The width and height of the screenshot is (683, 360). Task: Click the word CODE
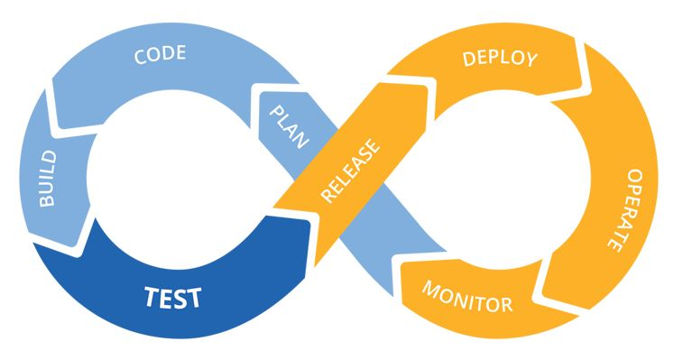(x=161, y=54)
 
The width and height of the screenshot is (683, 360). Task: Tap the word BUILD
(x=48, y=179)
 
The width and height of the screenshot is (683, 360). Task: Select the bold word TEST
(x=173, y=297)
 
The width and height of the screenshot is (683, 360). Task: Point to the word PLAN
(x=290, y=127)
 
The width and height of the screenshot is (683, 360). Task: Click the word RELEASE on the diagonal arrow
(x=350, y=171)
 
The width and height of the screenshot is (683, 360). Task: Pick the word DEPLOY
(x=500, y=59)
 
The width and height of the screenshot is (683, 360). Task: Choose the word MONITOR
(x=467, y=297)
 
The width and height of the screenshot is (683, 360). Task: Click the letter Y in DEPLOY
(x=531, y=60)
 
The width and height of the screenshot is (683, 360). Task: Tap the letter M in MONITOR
(x=429, y=289)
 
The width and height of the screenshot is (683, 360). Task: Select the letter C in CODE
(x=140, y=57)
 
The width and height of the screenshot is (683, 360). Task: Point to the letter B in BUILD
(x=48, y=199)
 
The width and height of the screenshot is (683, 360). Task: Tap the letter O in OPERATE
(x=635, y=176)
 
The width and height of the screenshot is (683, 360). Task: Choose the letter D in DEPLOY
(x=469, y=59)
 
